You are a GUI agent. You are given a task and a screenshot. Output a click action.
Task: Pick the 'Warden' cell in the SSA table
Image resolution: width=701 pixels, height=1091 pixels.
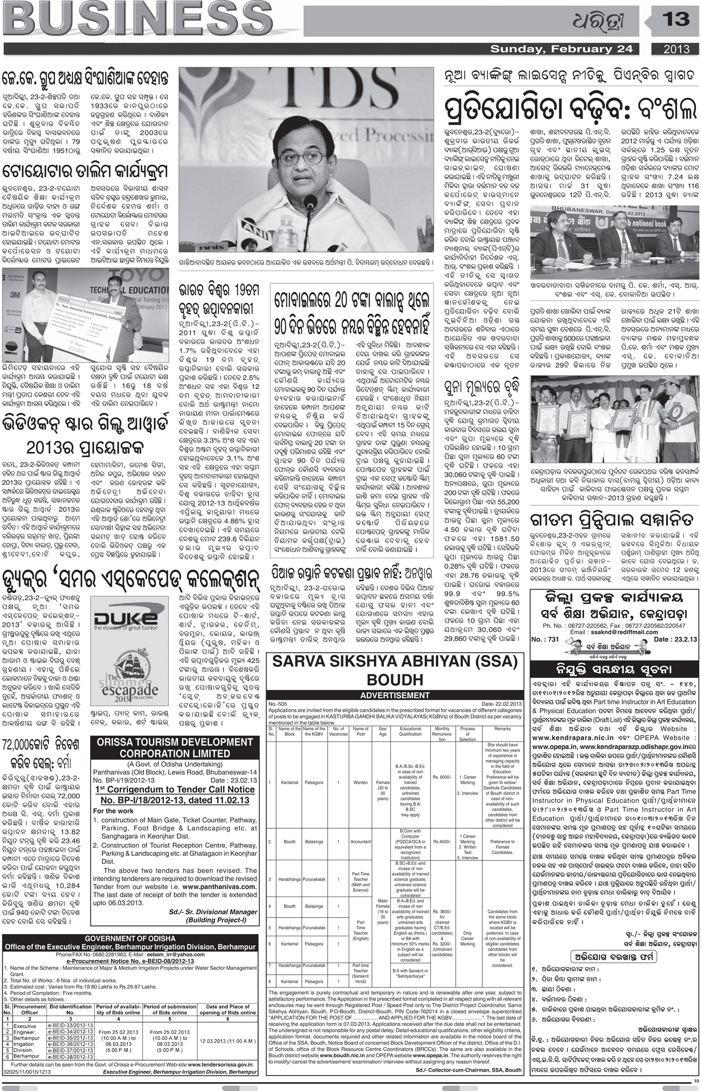[361, 782]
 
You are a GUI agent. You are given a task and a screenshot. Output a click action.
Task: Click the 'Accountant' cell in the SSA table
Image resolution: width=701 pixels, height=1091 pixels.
[361, 841]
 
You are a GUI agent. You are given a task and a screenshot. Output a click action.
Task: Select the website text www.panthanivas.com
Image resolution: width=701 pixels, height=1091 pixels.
[220, 886]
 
